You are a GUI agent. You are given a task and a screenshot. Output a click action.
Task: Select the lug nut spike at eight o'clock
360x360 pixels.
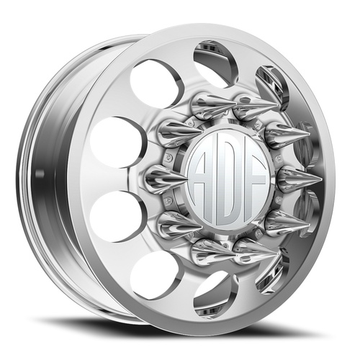(173, 220)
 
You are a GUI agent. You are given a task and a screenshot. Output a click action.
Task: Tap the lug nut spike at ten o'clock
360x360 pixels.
(173, 132)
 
